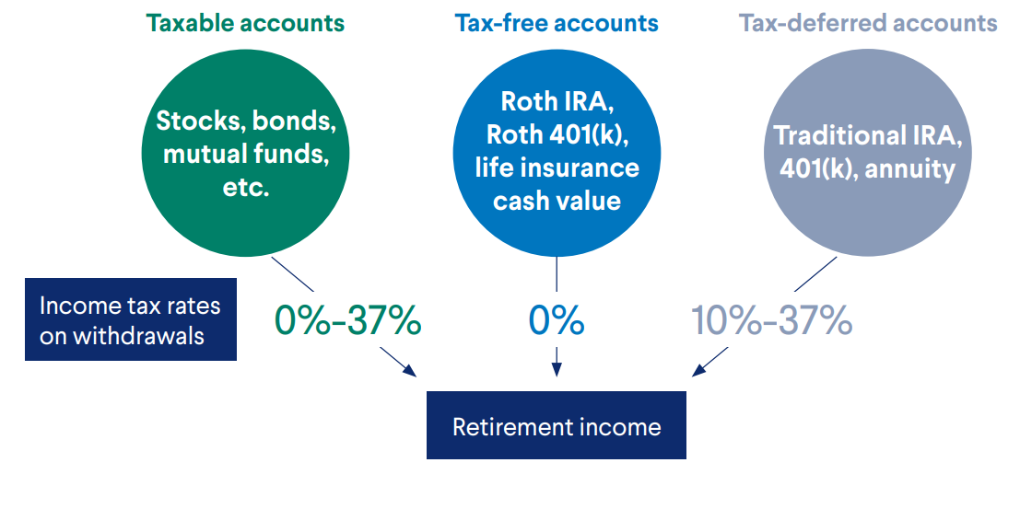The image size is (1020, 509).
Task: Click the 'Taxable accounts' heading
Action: point(245,24)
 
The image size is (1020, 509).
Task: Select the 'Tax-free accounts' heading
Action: point(557,24)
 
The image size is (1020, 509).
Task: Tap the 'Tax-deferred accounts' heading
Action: point(868,24)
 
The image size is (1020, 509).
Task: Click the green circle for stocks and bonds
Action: point(245,154)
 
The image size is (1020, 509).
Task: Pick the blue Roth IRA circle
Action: point(557,154)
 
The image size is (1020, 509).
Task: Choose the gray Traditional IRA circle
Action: point(868,154)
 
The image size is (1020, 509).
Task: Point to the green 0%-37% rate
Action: point(347,320)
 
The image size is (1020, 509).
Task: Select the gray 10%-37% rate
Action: point(771,320)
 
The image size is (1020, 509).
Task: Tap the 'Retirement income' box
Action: point(557,425)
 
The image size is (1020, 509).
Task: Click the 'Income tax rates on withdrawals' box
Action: point(131,319)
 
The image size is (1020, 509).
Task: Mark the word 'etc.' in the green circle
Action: point(245,190)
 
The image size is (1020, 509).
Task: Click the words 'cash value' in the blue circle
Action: point(557,201)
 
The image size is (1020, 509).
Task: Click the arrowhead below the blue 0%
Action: point(557,370)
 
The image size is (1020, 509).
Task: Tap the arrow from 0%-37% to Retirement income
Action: point(398,362)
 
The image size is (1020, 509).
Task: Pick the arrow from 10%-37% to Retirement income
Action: point(709,362)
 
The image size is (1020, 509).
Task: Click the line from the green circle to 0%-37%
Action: point(293,273)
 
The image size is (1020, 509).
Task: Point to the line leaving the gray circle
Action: point(815,273)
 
